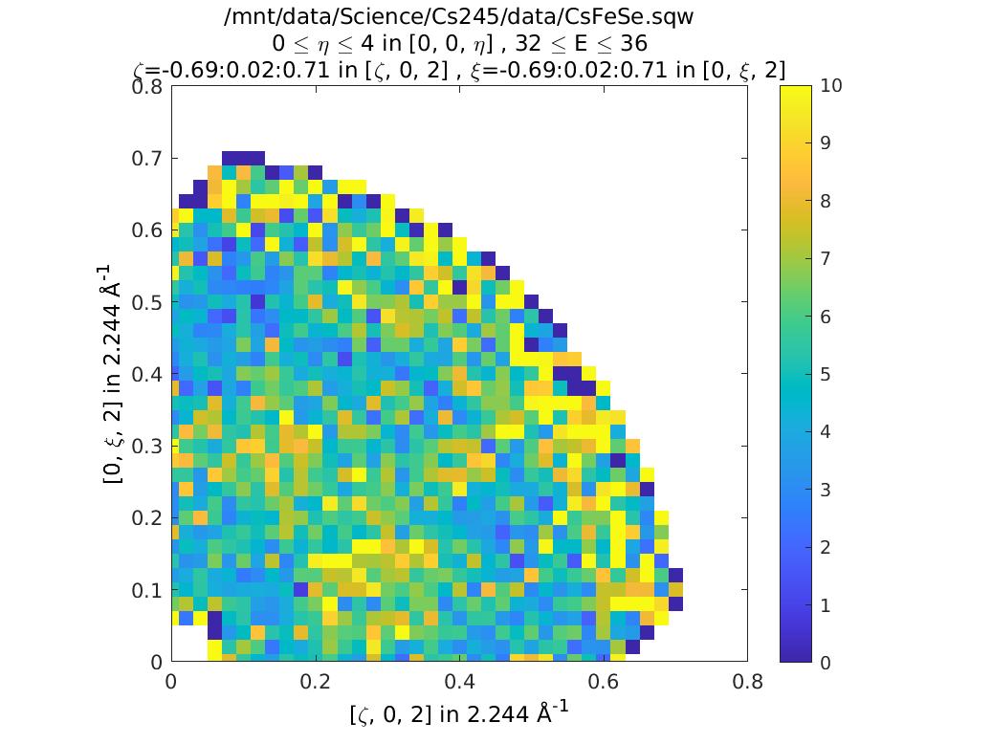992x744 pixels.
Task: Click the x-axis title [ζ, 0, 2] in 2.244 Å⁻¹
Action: [x=458, y=713]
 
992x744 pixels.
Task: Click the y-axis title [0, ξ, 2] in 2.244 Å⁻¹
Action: [x=114, y=374]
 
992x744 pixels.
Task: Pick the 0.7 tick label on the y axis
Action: [x=146, y=158]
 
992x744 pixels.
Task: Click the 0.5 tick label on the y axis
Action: [x=146, y=302]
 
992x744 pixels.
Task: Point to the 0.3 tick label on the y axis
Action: [x=146, y=447]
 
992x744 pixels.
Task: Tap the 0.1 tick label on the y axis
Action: [x=146, y=590]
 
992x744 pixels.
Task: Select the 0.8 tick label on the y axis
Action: [x=146, y=86]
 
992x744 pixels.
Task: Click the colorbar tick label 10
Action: [x=830, y=86]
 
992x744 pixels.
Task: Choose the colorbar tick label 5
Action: [x=826, y=374]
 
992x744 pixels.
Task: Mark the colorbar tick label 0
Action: [x=826, y=662]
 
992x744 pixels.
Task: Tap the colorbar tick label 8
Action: [x=826, y=201]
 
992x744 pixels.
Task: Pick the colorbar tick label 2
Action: [x=826, y=547]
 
